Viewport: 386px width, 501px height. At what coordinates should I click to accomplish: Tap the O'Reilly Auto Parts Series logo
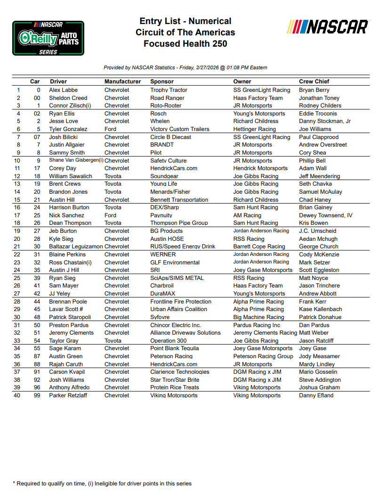pyautogui.click(x=48, y=38)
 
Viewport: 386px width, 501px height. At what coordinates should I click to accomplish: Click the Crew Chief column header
pyautogui.click(x=314, y=82)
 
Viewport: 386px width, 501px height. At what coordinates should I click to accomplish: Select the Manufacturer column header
pyautogui.click(x=122, y=82)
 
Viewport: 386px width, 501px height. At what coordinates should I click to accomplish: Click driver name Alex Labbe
pyautogui.click(x=63, y=90)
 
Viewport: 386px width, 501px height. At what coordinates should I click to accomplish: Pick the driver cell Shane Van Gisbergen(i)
pyautogui.click(x=76, y=160)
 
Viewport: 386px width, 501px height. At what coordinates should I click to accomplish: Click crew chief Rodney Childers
pyautogui.click(x=320, y=106)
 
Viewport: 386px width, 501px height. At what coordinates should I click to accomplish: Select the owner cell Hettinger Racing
pyautogui.click(x=254, y=129)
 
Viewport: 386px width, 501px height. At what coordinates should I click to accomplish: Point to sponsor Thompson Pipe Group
pyautogui.click(x=179, y=223)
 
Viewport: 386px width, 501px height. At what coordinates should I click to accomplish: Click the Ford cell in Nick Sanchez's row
pyautogui.click(x=110, y=215)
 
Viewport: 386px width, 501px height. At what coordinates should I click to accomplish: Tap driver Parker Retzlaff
pyautogui.click(x=69, y=395)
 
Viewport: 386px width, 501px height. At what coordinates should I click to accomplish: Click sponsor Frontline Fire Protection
pyautogui.click(x=181, y=302)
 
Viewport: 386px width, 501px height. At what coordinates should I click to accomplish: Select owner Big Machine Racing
pyautogui.click(x=258, y=317)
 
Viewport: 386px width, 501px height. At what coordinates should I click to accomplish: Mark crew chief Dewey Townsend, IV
pyautogui.click(x=325, y=215)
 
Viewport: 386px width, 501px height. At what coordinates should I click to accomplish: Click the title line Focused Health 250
pyautogui.click(x=185, y=44)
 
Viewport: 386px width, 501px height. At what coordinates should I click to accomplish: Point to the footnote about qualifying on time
pyautogui.click(x=102, y=484)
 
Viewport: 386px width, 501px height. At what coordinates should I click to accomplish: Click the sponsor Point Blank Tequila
pyautogui.click(x=174, y=348)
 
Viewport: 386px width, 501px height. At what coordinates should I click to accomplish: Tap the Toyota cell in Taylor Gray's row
pyautogui.click(x=113, y=341)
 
